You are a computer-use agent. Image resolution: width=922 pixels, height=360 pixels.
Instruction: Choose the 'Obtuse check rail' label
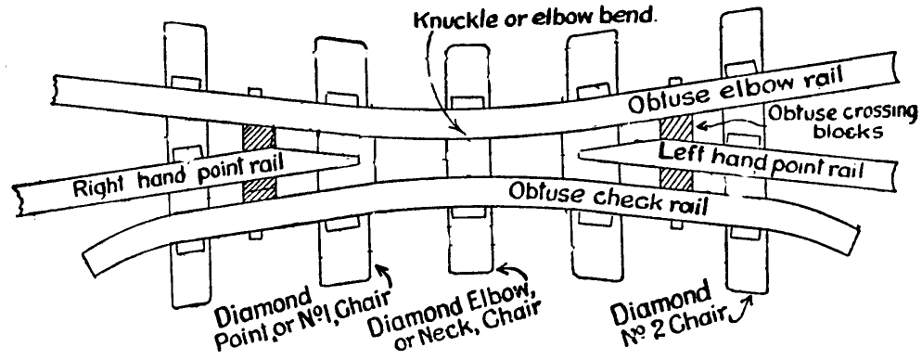pyautogui.click(x=608, y=198)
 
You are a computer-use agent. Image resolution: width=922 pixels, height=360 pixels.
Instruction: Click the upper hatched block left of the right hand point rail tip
pyautogui.click(x=258, y=136)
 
